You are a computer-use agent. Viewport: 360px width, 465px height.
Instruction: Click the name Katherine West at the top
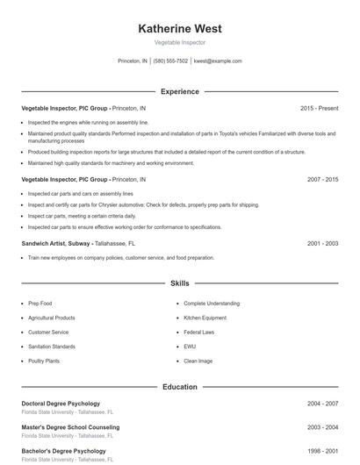click(x=180, y=28)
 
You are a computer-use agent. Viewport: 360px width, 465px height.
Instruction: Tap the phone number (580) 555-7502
click(x=170, y=61)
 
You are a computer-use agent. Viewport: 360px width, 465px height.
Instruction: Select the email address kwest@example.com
click(x=218, y=61)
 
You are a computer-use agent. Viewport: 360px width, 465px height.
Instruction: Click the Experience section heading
click(x=180, y=91)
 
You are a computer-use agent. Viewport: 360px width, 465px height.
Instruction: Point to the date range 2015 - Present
click(x=319, y=108)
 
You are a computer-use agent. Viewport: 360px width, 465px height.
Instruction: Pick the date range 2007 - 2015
click(x=322, y=179)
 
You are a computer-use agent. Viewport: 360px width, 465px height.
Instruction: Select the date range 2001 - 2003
click(x=322, y=243)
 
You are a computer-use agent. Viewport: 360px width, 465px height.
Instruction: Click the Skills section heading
click(x=180, y=283)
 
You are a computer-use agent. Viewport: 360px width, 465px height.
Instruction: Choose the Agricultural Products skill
click(x=51, y=318)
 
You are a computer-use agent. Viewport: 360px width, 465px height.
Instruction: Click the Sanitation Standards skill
click(x=51, y=347)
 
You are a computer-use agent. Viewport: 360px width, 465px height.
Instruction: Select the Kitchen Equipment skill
click(x=205, y=318)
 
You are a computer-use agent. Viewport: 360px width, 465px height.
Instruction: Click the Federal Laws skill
click(x=199, y=333)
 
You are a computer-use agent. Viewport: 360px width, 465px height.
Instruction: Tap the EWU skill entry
click(x=190, y=347)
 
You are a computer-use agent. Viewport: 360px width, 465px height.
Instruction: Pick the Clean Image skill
click(x=198, y=361)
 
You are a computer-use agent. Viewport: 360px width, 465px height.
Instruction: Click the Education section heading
click(x=180, y=387)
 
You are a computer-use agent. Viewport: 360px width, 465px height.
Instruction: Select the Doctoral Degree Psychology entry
click(x=61, y=404)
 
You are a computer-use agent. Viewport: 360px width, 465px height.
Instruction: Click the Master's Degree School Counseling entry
click(x=70, y=427)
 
